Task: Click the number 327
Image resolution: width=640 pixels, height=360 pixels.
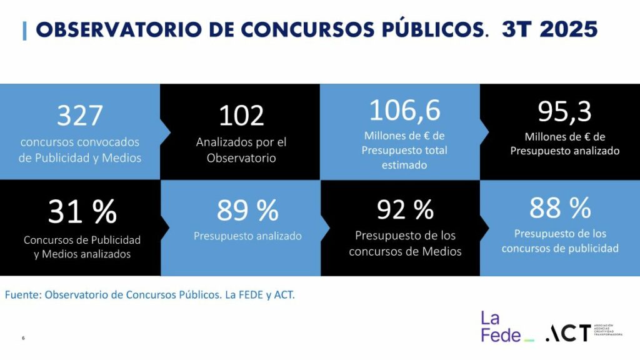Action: coord(79,116)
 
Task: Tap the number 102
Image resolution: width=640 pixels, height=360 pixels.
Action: coord(241,116)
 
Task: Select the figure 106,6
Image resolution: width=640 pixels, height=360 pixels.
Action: coord(404,111)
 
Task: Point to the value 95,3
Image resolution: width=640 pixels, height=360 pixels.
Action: coord(564,112)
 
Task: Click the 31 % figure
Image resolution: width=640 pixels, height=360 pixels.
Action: coord(82,212)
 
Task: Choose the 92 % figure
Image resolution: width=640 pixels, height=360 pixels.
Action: coord(405,210)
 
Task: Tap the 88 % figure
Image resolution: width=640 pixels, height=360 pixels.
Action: coord(560,208)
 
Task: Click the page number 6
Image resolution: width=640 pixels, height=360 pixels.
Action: coord(23,338)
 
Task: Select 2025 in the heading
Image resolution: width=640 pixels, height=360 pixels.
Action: coord(571,29)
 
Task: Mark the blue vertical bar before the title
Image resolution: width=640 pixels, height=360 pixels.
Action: coord(24,30)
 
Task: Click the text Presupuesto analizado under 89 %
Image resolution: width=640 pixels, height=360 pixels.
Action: coord(247,236)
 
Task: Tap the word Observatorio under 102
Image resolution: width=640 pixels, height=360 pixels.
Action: coord(241,158)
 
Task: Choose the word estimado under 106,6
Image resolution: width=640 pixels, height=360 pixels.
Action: coord(404,165)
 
